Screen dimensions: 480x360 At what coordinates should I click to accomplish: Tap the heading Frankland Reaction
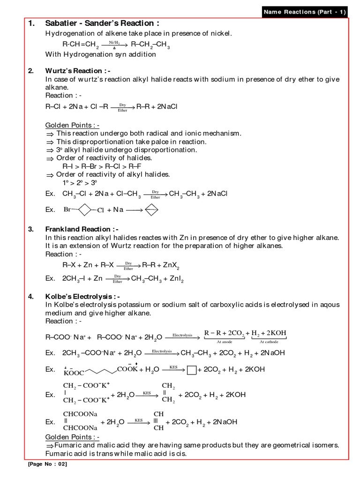(x=82, y=229)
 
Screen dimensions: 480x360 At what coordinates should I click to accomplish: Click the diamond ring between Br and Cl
(x=83, y=210)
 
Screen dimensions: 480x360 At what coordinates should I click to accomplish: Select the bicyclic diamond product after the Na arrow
(x=151, y=210)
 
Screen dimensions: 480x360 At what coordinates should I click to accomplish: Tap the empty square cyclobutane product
(x=191, y=370)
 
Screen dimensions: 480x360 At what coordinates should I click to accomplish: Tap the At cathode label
(x=269, y=342)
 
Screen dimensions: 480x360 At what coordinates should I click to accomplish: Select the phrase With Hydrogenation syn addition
(x=100, y=54)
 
